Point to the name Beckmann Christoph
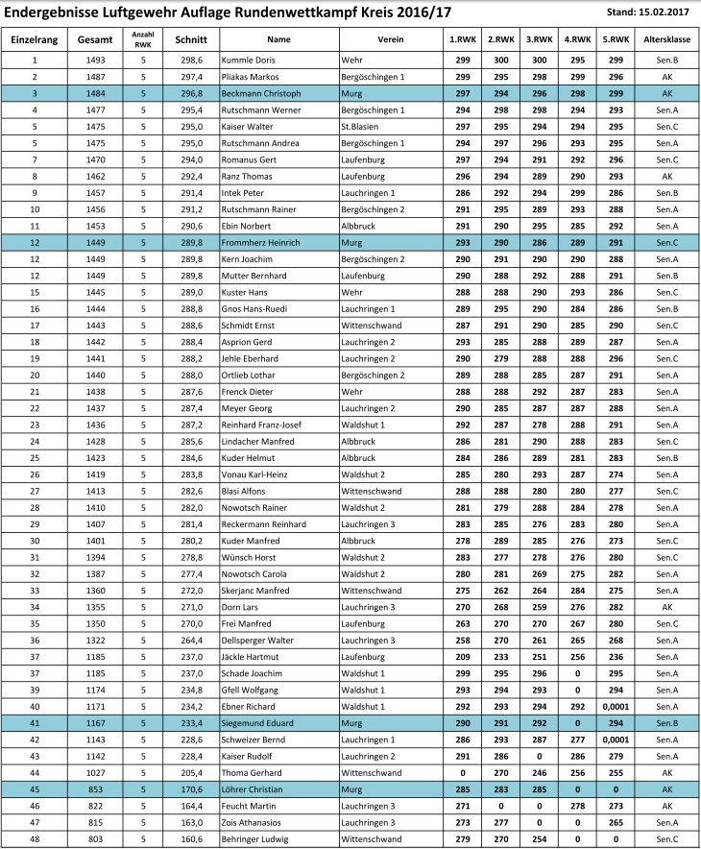(x=261, y=93)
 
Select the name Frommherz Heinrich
(x=261, y=243)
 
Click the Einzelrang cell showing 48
(x=35, y=839)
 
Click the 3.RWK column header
(x=537, y=40)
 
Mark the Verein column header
(x=390, y=40)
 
